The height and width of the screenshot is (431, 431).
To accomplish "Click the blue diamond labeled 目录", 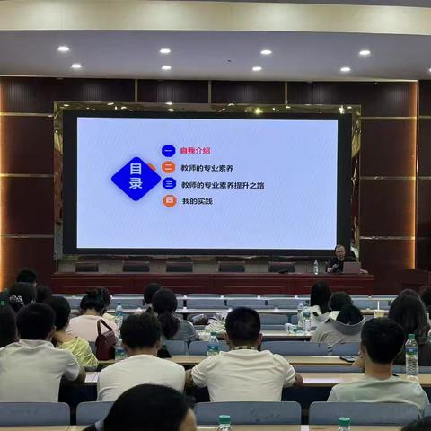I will click(136, 178).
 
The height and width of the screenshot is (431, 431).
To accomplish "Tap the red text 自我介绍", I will click(195, 151).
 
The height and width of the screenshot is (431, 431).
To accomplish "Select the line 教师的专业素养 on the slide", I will click(207, 168).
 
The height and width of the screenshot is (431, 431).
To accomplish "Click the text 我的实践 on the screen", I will click(198, 201).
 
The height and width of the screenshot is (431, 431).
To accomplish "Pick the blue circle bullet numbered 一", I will click(168, 151).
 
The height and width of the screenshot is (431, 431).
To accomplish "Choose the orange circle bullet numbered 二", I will click(168, 168).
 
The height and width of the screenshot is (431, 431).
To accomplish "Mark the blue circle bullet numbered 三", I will click(168, 184).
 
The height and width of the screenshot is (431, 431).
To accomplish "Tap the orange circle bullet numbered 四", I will click(169, 201).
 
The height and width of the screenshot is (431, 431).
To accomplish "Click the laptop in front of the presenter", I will click(351, 267).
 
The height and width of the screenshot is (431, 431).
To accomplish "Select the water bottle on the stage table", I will click(316, 268).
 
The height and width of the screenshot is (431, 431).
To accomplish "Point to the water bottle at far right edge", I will click(411, 356).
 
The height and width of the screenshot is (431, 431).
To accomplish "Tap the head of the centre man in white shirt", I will click(242, 326).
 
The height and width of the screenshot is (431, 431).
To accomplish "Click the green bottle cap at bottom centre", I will click(224, 419).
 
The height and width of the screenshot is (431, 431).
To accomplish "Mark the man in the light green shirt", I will click(379, 368).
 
